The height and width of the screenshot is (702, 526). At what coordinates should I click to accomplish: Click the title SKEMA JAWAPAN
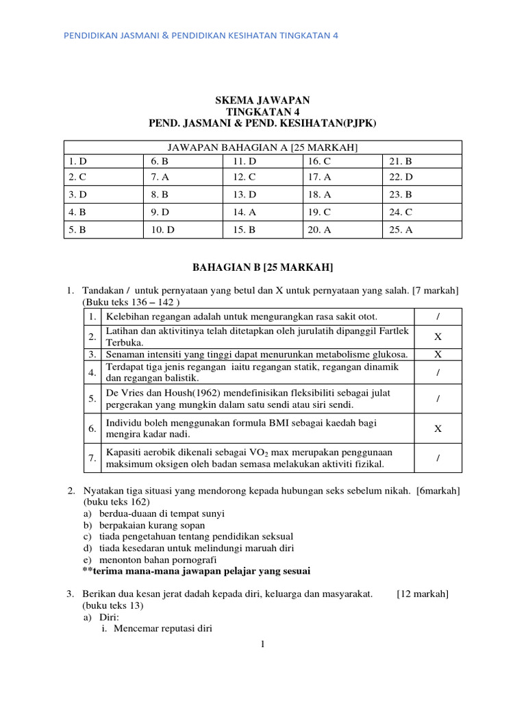pos(262,100)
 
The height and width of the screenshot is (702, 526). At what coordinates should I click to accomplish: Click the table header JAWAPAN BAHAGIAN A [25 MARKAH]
pos(263,147)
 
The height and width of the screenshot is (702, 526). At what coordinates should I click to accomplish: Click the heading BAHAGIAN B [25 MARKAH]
pos(263,266)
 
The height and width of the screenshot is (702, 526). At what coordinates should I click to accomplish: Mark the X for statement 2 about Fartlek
pos(438,337)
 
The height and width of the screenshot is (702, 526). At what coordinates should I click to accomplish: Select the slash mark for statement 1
pos(438,316)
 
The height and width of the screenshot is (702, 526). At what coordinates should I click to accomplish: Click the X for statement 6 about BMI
pos(438,428)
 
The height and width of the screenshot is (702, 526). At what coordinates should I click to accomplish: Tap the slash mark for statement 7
pos(438,458)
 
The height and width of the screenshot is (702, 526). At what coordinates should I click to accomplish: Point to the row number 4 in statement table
pos(91,372)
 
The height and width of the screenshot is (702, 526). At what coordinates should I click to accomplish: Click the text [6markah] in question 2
pos(438,491)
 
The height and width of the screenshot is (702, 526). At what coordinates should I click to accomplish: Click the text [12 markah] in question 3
pos(423,594)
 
